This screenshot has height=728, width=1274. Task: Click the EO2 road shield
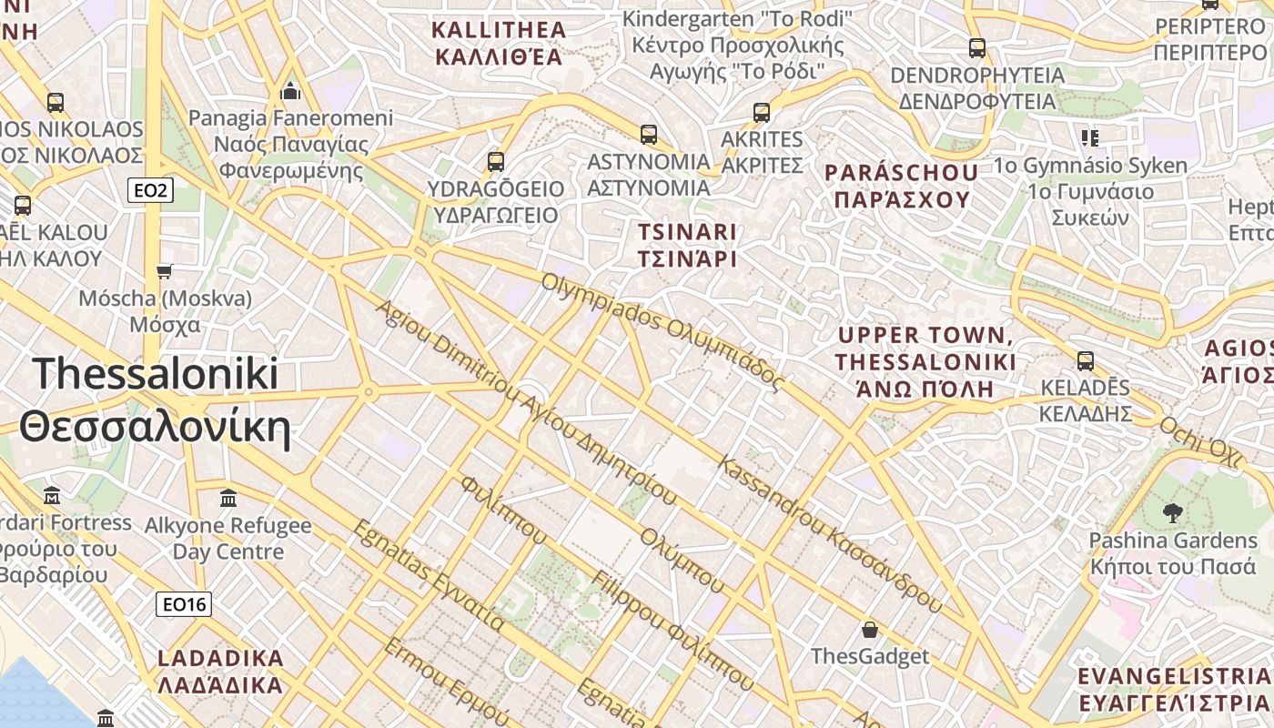[x=149, y=190]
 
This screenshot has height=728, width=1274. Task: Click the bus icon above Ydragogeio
[x=496, y=162]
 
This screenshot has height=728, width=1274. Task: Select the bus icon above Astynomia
[x=649, y=135]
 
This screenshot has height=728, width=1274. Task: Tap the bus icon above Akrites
[x=762, y=113]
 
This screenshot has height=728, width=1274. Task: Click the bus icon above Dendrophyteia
[x=977, y=48]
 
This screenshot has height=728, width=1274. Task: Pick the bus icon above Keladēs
[x=1086, y=360]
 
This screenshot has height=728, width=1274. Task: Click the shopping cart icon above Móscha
[x=165, y=271]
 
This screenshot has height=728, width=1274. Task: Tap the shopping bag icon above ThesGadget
[x=870, y=629]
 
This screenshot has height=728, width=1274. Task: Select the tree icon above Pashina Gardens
[x=1173, y=512]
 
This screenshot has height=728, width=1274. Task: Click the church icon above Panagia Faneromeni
[x=291, y=91]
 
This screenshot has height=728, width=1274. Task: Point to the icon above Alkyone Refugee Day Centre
[x=228, y=499]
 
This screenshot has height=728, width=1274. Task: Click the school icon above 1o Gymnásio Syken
[x=1090, y=138]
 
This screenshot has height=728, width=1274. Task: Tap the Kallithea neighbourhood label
[x=499, y=43]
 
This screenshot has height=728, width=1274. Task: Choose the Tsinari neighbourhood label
[x=687, y=245]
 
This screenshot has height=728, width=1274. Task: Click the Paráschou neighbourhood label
[x=901, y=186]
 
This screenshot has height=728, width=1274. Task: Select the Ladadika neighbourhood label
[x=220, y=671]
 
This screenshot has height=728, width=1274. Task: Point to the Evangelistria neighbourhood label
[x=1174, y=689]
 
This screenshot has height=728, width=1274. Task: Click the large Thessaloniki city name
[x=155, y=400]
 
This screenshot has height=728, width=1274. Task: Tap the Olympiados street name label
[x=662, y=331]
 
